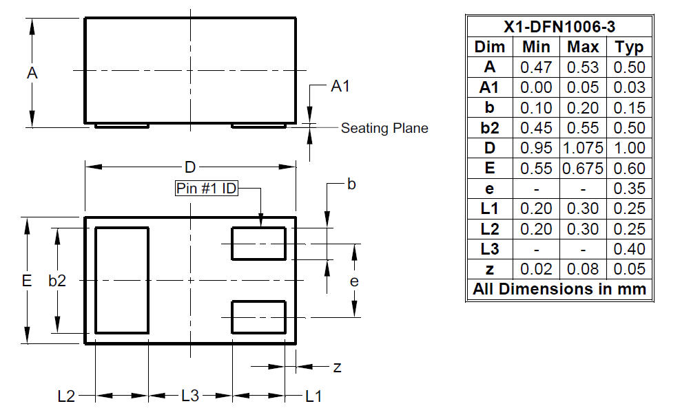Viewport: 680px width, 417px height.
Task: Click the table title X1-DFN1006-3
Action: pos(559,27)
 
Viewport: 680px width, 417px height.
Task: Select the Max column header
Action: pos(584,47)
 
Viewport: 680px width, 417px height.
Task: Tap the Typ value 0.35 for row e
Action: pos(630,188)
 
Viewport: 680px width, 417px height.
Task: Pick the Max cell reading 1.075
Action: pos(584,148)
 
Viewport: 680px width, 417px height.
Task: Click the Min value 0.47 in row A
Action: pos(535,67)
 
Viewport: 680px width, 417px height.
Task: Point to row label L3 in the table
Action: pos(490,248)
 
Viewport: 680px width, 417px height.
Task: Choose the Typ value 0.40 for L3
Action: pos(630,248)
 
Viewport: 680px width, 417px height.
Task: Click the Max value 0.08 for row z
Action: pos(584,269)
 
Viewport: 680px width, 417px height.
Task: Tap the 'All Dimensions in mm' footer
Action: pos(559,289)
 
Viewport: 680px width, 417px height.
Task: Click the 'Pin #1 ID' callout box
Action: pos(206,189)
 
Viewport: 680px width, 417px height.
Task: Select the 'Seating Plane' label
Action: pos(384,128)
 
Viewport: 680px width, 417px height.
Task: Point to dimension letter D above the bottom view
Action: pos(190,167)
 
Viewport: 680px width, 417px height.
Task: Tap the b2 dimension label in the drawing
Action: pos(57,281)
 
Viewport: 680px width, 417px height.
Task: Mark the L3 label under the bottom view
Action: pos(190,396)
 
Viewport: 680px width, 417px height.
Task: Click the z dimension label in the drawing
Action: pos(337,367)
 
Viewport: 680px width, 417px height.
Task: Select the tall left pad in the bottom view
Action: pos(122,281)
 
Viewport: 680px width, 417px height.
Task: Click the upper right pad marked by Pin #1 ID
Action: pos(258,244)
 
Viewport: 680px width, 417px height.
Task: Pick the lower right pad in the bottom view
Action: pos(258,317)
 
